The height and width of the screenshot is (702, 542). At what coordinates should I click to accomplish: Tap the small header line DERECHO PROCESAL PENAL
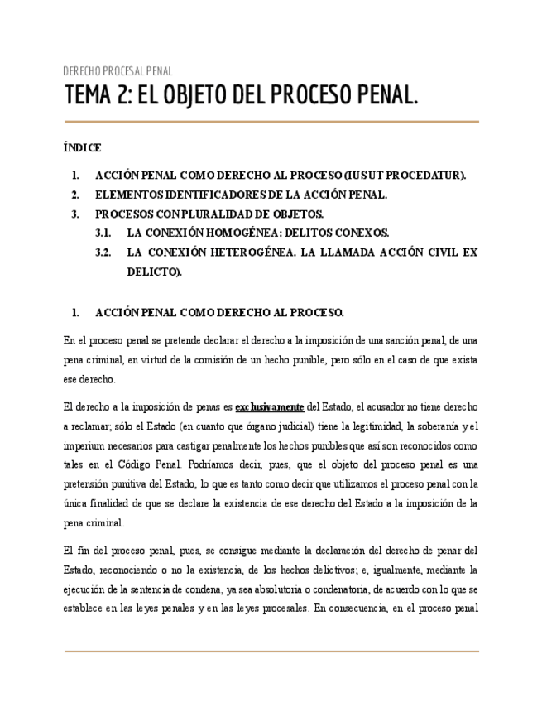point(118,71)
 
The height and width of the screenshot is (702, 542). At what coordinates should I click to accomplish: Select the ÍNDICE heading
point(82,148)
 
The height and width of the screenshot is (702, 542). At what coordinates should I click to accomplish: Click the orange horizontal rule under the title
point(271,123)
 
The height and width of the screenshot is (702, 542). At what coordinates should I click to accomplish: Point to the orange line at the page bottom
point(271,652)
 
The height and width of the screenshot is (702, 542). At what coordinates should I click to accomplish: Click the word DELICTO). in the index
point(154,271)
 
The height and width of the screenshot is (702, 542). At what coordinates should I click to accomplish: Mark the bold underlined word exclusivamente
point(270,407)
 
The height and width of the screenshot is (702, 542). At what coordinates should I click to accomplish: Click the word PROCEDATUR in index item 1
point(423,175)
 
